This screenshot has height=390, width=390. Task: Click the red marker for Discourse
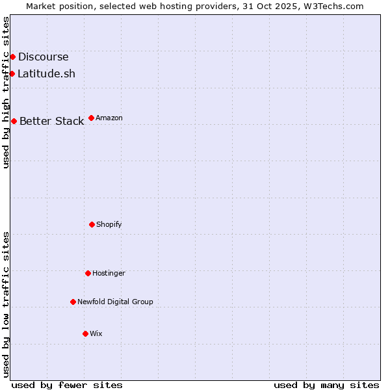click(x=12, y=57)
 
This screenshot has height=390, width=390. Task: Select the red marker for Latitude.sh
click(x=12, y=73)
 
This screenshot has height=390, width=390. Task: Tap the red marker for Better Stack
click(x=14, y=121)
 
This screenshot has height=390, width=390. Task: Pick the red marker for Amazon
click(x=91, y=118)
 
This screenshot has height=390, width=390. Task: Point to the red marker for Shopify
click(x=92, y=224)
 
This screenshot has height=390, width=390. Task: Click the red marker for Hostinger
click(x=88, y=273)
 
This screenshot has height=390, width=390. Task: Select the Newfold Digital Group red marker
click(x=73, y=302)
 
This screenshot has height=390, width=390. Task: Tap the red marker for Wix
click(x=85, y=333)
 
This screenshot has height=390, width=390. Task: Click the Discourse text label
click(x=43, y=57)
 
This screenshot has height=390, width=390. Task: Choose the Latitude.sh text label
click(x=46, y=73)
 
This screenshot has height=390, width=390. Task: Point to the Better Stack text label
click(x=51, y=121)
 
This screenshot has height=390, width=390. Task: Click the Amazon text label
click(x=109, y=118)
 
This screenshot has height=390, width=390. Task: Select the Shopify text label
click(x=109, y=224)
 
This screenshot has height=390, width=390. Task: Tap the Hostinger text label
click(x=109, y=273)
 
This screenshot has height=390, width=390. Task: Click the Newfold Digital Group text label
click(x=115, y=302)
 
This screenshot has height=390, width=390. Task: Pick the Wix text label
click(x=96, y=333)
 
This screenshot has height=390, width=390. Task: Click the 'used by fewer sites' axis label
click(x=67, y=385)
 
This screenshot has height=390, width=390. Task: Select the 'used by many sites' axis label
click(x=326, y=385)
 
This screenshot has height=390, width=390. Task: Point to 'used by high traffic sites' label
click(x=6, y=92)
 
